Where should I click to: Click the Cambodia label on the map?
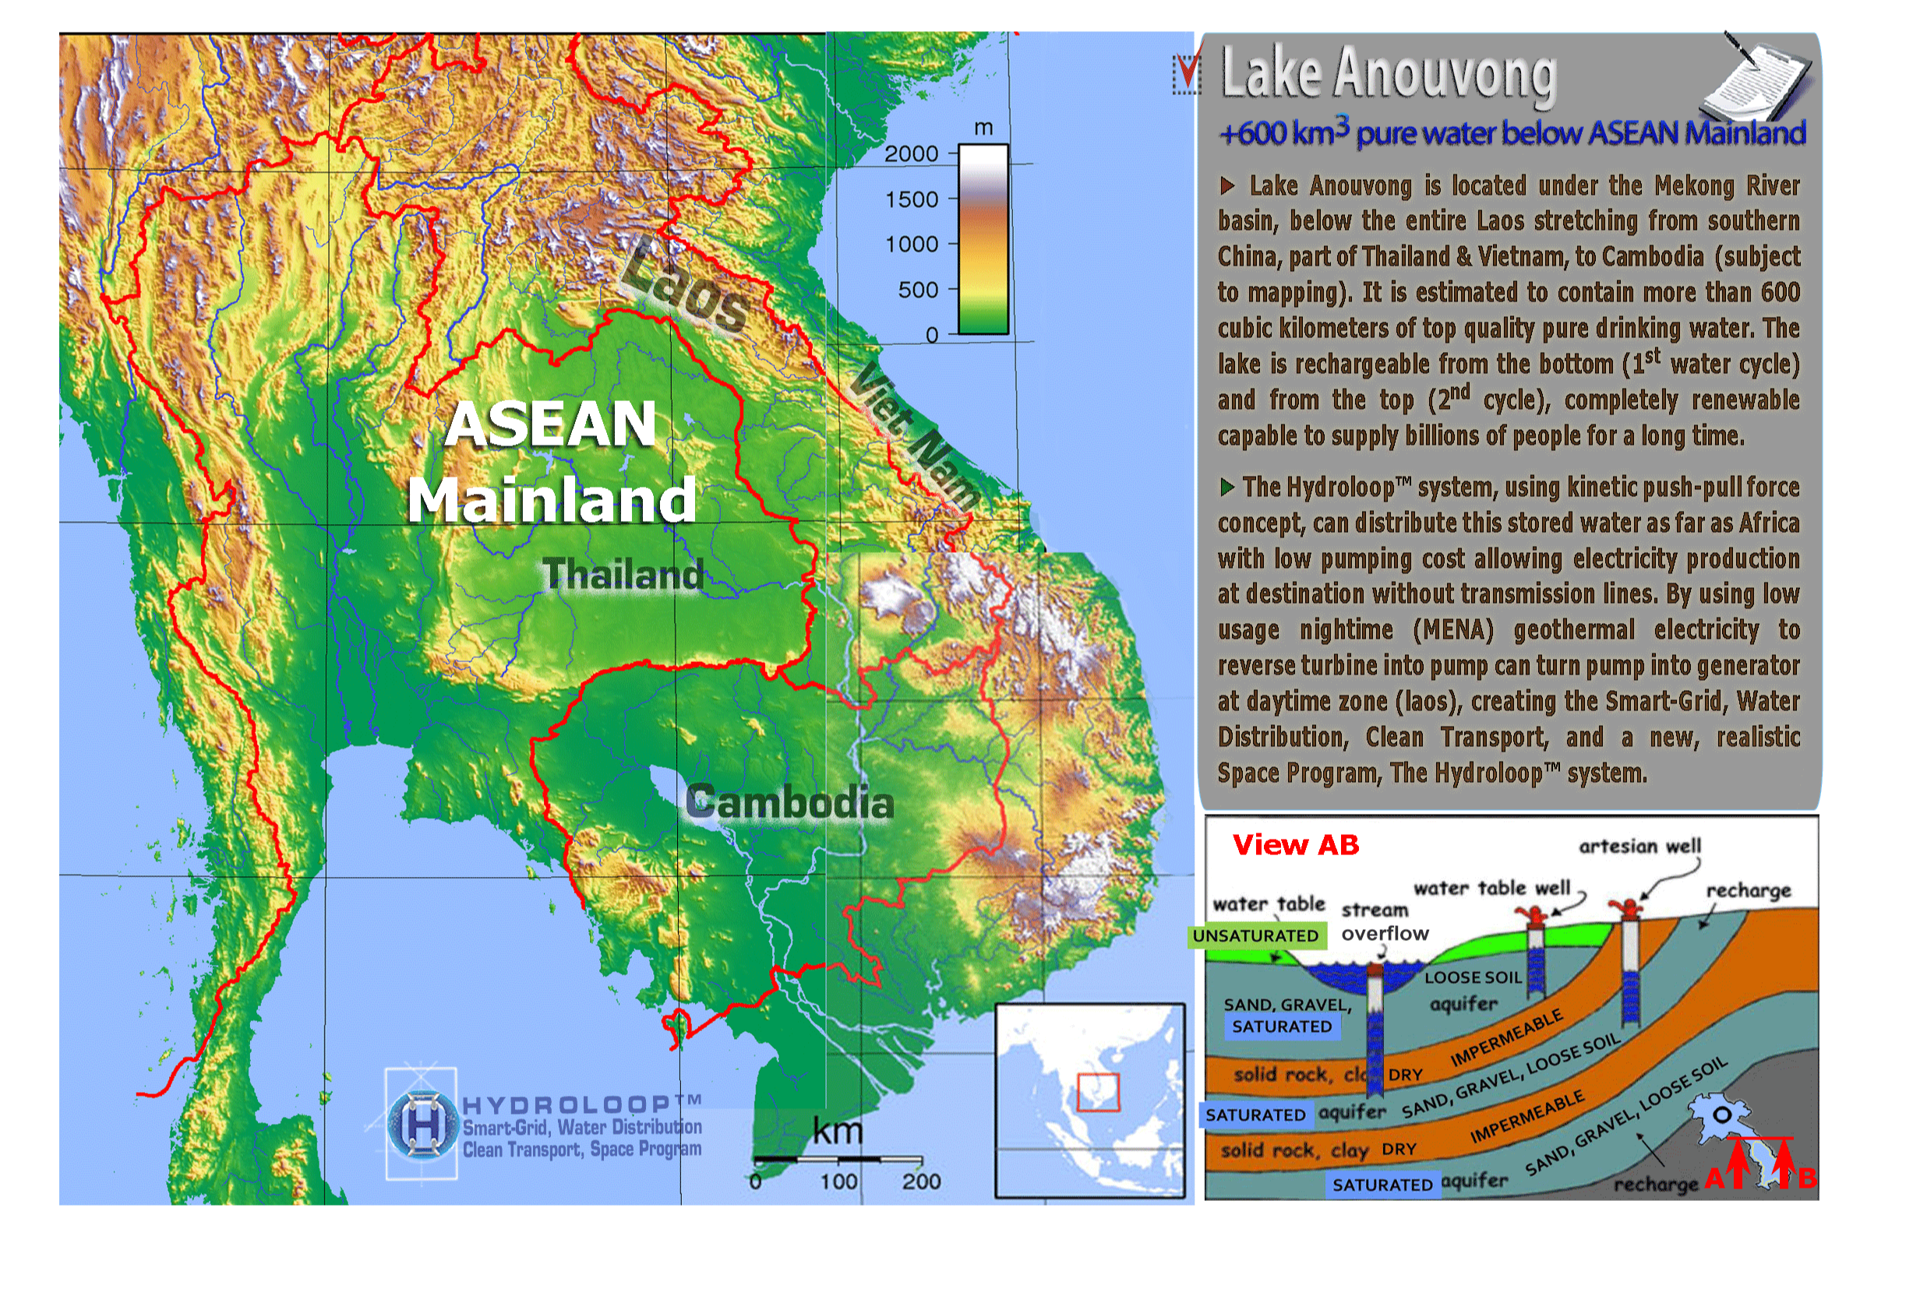(x=789, y=802)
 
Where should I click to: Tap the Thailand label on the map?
(x=623, y=574)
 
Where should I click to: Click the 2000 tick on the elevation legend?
(x=911, y=153)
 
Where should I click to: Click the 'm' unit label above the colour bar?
(x=983, y=129)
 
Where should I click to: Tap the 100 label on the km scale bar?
(x=838, y=1182)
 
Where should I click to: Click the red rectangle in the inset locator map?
(x=1098, y=1093)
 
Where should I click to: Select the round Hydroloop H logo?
(x=422, y=1124)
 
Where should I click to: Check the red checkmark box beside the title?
(x=1186, y=73)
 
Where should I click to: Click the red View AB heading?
(x=1295, y=844)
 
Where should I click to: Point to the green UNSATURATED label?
(x=1255, y=935)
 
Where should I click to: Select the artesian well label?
(x=1639, y=846)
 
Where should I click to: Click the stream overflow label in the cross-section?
(x=1384, y=921)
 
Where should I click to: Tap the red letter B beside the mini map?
(x=1806, y=1178)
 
